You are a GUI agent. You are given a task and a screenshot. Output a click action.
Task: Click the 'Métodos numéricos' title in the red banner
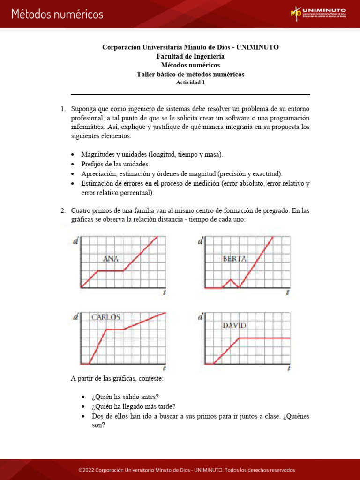point(57,15)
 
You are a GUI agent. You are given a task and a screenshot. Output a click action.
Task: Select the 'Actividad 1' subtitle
point(190,82)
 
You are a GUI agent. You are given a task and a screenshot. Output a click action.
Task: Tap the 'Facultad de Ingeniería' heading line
point(190,56)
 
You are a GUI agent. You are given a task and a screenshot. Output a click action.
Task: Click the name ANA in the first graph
point(111,258)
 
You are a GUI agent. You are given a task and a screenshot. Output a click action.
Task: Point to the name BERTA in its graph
point(234,258)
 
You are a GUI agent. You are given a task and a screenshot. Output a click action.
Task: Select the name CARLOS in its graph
point(105,317)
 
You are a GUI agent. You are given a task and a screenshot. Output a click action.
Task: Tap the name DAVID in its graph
point(235,325)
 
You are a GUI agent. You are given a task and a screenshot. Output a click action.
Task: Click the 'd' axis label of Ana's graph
point(75,241)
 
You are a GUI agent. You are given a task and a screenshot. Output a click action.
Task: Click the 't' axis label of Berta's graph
point(287,292)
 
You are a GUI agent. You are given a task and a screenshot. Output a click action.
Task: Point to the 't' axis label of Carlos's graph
point(164,368)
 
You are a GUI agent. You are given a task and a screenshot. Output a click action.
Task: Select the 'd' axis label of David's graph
point(201,317)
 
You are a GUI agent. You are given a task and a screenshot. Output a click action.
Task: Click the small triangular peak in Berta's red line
point(231,280)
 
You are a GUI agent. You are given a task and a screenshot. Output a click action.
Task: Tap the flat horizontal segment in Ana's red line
point(110,270)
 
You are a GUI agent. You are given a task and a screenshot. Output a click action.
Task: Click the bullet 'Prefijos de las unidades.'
point(115,164)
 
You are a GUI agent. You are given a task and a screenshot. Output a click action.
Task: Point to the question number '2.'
point(63,210)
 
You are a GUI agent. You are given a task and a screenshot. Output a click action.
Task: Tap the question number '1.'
point(63,109)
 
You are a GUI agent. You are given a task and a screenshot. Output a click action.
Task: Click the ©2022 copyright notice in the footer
point(187,470)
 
